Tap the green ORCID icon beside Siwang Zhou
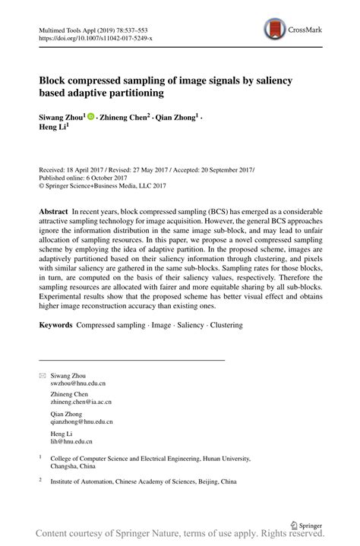(90, 117)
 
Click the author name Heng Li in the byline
(53, 128)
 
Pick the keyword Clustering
(222, 325)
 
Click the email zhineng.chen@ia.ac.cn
(81, 402)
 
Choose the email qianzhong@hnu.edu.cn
(81, 421)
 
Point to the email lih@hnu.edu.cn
(71, 440)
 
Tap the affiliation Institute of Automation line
(143, 481)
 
